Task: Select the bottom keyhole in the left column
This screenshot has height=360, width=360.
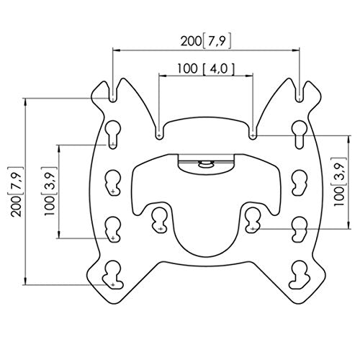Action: click(x=113, y=274)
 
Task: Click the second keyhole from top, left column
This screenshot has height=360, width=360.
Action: click(x=113, y=181)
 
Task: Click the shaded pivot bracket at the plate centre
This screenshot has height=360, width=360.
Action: click(x=206, y=164)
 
